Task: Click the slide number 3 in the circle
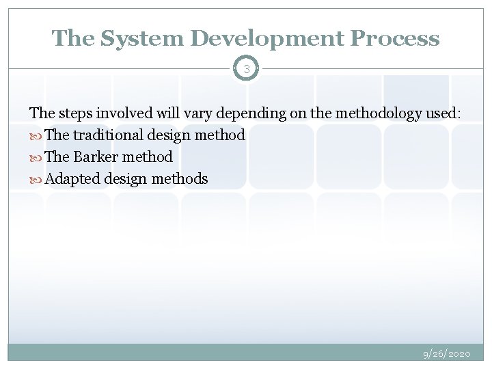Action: pos(246,69)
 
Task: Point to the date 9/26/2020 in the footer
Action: pos(446,354)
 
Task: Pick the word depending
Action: pos(237,113)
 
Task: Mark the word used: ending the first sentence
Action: pos(443,113)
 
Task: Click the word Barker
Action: pos(96,157)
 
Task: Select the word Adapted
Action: pos(74,179)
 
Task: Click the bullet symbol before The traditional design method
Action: pos(36,136)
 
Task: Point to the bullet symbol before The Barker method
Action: pos(36,158)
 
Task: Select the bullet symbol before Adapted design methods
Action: pos(36,180)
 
